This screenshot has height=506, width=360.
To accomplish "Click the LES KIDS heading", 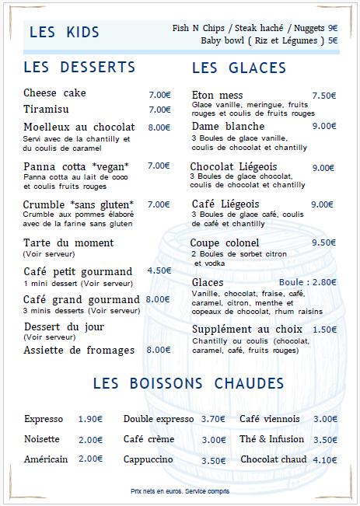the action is click(x=65, y=32).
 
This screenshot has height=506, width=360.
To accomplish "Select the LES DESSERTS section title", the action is click(x=79, y=67).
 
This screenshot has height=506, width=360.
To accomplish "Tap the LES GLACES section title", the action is click(x=239, y=68).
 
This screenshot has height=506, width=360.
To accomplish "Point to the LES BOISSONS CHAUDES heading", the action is click(x=188, y=383).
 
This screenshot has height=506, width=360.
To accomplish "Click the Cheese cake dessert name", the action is click(x=54, y=93).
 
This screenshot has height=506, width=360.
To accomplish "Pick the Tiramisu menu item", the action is click(x=47, y=110).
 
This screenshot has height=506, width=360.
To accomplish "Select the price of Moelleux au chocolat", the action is click(x=159, y=127).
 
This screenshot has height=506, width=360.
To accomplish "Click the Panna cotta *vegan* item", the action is click(x=76, y=166).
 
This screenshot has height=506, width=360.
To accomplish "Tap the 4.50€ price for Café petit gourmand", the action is click(x=159, y=270).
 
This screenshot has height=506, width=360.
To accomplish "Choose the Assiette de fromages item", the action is click(x=79, y=350).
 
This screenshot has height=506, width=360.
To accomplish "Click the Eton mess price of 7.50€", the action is click(x=323, y=96).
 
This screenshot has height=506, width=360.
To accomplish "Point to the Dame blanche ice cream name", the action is click(x=228, y=126).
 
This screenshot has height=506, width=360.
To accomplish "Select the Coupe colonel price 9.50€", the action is click(x=323, y=242).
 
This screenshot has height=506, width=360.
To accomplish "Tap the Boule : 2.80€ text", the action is click(x=307, y=282).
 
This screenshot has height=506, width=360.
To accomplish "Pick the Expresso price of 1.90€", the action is click(x=90, y=419).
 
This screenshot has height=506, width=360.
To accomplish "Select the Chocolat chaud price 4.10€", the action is click(x=324, y=459).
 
